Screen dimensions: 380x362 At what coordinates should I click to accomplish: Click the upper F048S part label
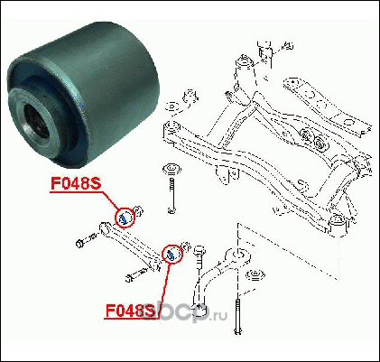(76, 183)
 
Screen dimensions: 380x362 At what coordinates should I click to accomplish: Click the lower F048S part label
(130, 310)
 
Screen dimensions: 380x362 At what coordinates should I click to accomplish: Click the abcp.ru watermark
(184, 314)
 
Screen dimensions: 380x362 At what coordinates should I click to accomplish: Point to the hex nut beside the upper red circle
(139, 210)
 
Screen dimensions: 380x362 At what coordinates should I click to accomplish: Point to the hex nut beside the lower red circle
(186, 247)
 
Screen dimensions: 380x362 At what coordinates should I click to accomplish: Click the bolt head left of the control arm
(80, 243)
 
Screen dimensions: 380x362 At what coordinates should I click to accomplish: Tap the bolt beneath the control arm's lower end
(137, 275)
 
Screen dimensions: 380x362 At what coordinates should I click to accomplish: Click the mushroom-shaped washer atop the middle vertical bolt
(171, 169)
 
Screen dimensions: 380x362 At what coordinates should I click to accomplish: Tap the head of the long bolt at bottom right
(237, 331)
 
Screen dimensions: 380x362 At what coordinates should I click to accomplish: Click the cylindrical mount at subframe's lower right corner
(338, 223)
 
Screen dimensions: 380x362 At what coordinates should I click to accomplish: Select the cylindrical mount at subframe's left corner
(171, 129)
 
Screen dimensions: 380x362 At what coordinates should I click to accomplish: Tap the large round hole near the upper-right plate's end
(349, 122)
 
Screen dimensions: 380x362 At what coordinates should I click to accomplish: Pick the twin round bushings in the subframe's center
(313, 138)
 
